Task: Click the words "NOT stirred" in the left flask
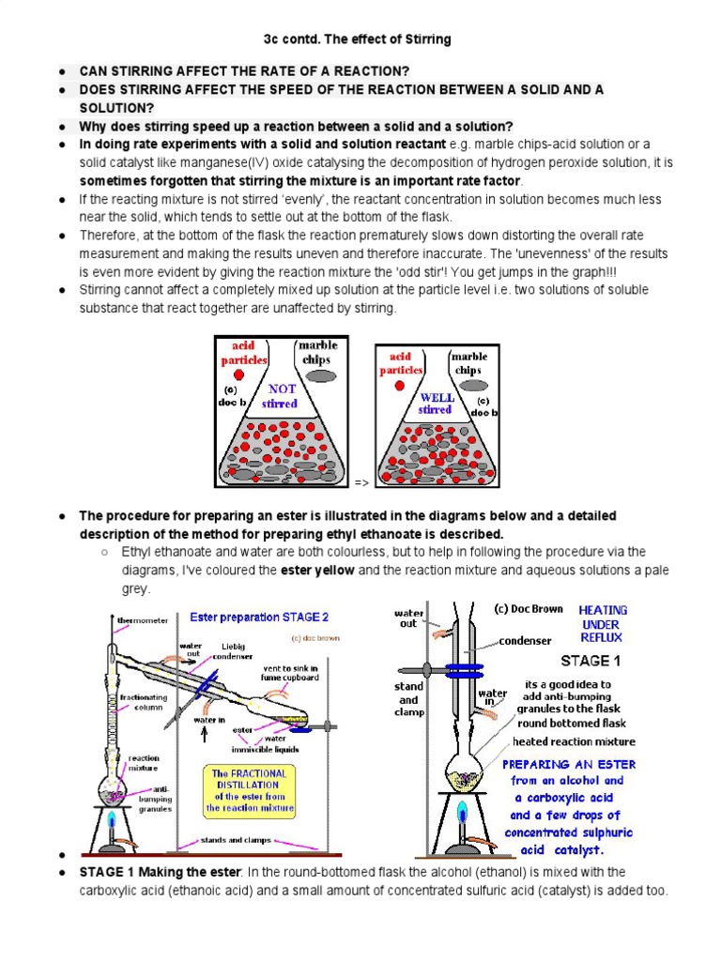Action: (280, 396)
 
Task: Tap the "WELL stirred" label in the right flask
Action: (436, 404)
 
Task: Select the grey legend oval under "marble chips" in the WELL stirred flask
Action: (468, 385)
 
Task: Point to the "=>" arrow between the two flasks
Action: (361, 482)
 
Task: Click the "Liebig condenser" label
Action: (233, 650)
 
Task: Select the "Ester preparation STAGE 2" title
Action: (259, 618)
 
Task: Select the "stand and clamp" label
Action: (408, 699)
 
